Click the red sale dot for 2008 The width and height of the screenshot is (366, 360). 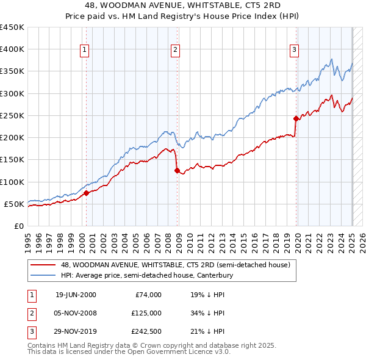coord(177,171)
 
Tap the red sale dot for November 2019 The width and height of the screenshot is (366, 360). coord(296,118)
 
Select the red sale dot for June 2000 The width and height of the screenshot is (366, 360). coord(86,193)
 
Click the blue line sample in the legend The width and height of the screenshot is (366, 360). coord(44,275)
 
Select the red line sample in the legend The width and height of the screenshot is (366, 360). coord(44,265)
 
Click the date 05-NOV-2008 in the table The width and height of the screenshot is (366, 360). coord(76,313)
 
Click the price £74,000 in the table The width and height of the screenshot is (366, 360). coord(148,295)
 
